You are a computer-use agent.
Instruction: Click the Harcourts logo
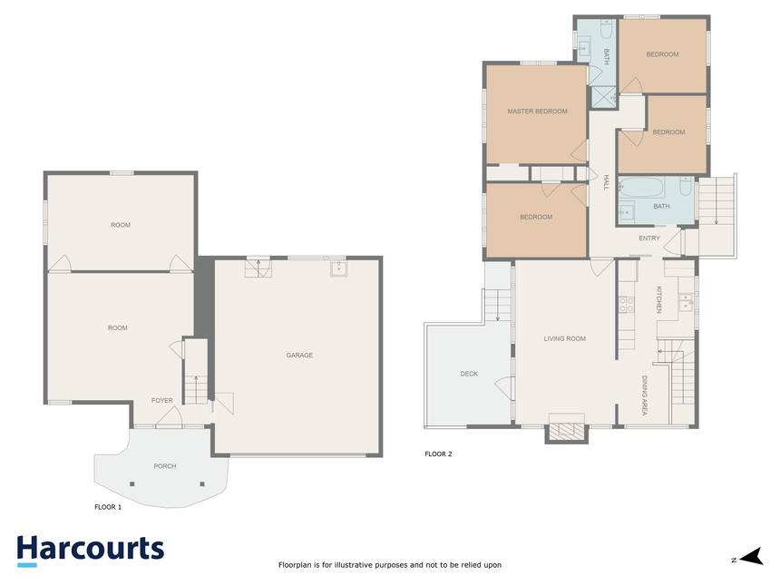pyautogui.click(x=91, y=551)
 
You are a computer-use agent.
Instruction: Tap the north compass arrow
pyautogui.click(x=751, y=557)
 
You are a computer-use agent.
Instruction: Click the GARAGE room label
pyautogui.click(x=299, y=356)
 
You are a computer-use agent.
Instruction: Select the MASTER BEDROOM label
pyautogui.click(x=537, y=112)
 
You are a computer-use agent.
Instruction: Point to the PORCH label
pyautogui.click(x=165, y=466)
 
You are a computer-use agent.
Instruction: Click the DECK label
pyautogui.click(x=469, y=374)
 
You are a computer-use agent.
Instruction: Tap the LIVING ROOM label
pyautogui.click(x=565, y=339)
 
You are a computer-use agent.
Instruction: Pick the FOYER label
pyautogui.click(x=162, y=401)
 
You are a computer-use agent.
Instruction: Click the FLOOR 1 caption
pyautogui.click(x=108, y=507)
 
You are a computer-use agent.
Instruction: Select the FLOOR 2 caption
pyautogui.click(x=438, y=454)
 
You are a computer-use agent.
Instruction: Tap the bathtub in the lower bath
pyautogui.click(x=641, y=188)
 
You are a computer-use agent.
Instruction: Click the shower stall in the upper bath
pyautogui.click(x=603, y=97)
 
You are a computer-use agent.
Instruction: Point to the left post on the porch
pyautogui.click(x=132, y=484)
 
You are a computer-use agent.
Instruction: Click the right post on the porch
pyautogui.click(x=202, y=484)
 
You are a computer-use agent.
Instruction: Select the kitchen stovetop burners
pyautogui.click(x=627, y=305)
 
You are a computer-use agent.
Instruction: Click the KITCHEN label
pyautogui.click(x=659, y=299)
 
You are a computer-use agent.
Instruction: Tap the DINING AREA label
pyautogui.click(x=645, y=395)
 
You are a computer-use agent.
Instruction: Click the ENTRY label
pyautogui.click(x=649, y=239)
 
